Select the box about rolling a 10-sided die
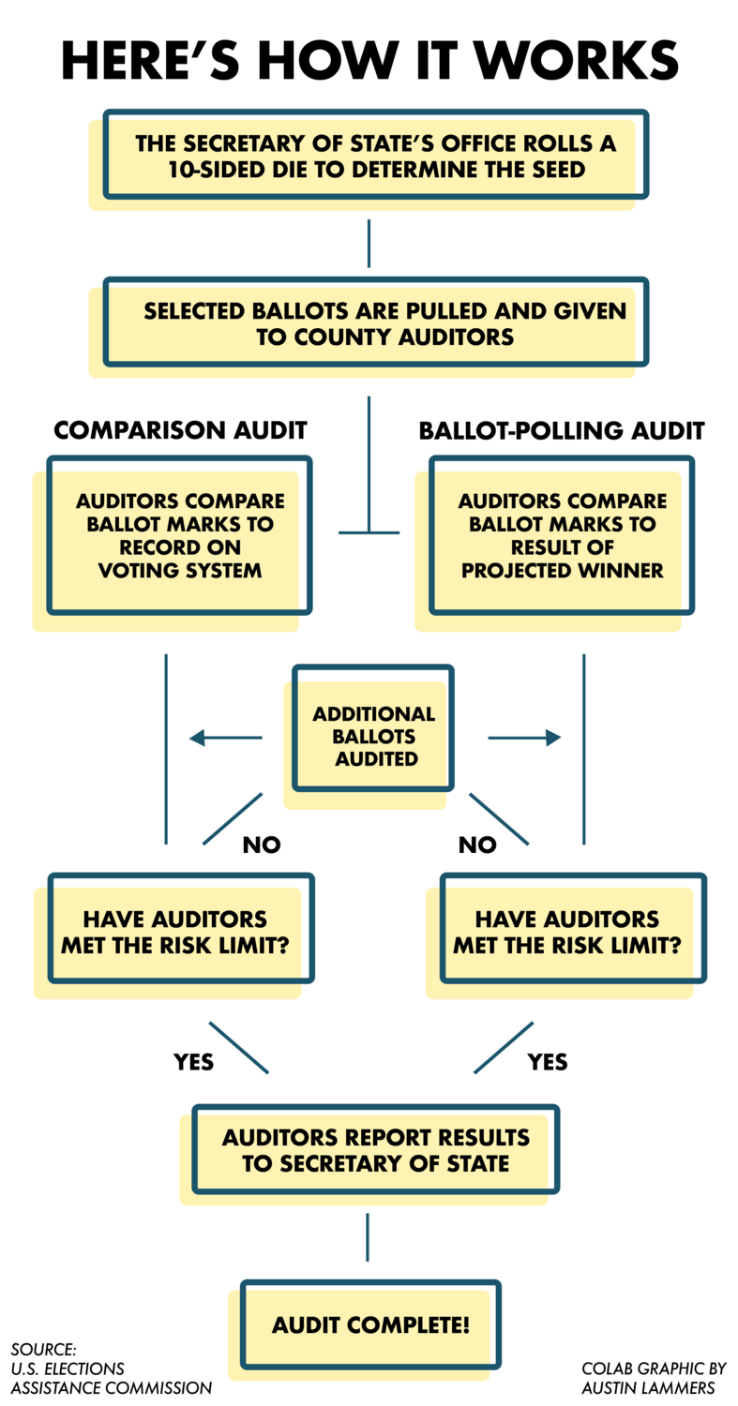pos(375,156)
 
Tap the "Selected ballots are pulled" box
pos(375,322)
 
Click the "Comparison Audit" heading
pos(180,430)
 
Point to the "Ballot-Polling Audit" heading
pos(561,430)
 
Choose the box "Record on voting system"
pos(180,535)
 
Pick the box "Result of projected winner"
pos(561,535)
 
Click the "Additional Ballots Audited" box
pos(373,727)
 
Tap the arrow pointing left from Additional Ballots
pos(225,739)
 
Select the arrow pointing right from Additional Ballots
pos(524,739)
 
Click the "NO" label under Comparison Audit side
pos(262,845)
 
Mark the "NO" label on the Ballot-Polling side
pos(476,845)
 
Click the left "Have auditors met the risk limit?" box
pos(180,930)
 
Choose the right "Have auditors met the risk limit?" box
pos(572,930)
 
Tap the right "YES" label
pos(548,1062)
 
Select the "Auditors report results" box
pos(375,1150)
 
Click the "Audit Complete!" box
pos(370,1325)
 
